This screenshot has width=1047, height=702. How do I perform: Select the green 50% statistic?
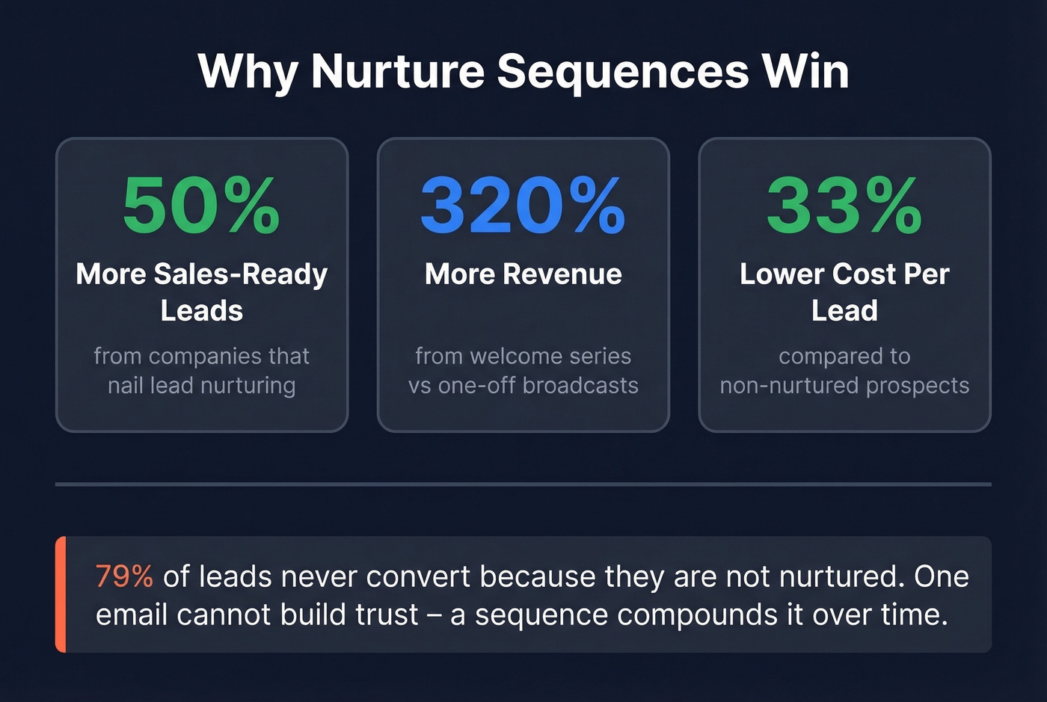coord(201,205)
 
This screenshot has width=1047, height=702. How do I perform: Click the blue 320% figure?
coord(523,205)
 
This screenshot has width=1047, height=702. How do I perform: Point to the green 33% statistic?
coord(844,205)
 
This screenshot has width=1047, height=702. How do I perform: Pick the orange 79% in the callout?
coord(124,576)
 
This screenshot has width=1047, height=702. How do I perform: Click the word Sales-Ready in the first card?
coord(240,274)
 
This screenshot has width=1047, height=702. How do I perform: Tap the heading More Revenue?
coord(523,274)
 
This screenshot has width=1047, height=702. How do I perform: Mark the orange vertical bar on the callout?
coord(61,594)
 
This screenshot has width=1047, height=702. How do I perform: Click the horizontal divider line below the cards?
coord(523,484)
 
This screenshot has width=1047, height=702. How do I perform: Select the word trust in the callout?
coord(387,615)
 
